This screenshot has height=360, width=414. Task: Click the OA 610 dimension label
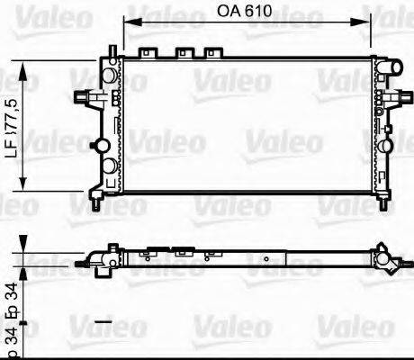(247, 11)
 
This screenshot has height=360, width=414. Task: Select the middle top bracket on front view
(185, 51)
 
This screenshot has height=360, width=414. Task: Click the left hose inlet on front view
(84, 96)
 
